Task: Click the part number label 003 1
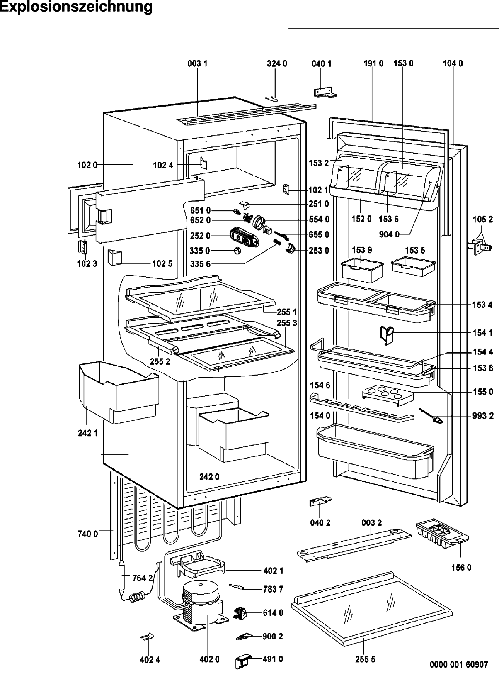click(197, 63)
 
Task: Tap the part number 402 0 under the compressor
click(209, 659)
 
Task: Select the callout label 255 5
click(365, 659)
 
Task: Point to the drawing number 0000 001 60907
click(459, 664)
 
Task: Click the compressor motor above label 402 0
click(201, 604)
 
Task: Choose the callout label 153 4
click(482, 305)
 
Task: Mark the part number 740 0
click(87, 534)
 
